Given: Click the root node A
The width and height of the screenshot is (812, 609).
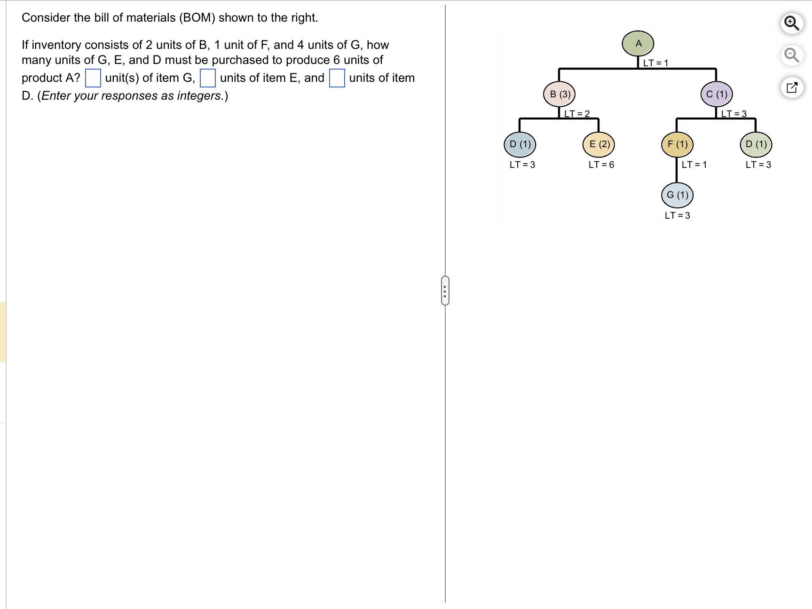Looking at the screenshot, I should tap(638, 44).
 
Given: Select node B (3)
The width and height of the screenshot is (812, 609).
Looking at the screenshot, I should tap(560, 94).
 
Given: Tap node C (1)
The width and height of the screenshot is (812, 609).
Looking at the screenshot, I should tap(717, 94).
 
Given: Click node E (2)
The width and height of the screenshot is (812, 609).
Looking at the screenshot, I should tap(599, 144).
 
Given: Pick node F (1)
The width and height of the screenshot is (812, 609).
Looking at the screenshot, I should tap(677, 144).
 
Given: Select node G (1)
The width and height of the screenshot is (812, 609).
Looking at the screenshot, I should tap(677, 195).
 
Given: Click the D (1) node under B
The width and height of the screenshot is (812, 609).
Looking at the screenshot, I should tap(520, 144).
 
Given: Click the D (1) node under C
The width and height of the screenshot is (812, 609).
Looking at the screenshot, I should tap(756, 144).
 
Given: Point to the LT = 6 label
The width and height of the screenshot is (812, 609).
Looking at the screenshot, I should tap(601, 165).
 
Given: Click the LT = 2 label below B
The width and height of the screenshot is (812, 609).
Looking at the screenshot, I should tap(576, 113).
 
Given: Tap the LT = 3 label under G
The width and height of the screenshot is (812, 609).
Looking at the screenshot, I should tap(677, 215).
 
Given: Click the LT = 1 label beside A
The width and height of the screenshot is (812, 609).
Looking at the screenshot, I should tap(655, 63).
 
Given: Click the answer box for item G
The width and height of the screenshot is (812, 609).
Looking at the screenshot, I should tap(93, 78).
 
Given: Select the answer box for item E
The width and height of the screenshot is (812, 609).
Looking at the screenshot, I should tap(208, 78).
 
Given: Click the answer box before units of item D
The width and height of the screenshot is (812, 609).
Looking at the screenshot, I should tap(337, 78).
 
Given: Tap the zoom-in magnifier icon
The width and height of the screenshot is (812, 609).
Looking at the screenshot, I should tap(792, 23).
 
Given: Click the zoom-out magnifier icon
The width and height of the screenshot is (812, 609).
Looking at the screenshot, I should tap(792, 55).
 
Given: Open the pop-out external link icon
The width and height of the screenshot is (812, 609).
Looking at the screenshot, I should tap(792, 87).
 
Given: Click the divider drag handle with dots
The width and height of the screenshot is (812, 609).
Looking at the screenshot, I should tap(445, 290).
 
